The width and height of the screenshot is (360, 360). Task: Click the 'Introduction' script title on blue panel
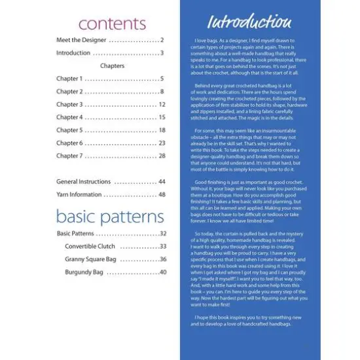coord(249,22)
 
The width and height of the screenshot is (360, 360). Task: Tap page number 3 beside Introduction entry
coord(162,53)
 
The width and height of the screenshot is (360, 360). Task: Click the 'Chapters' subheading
coord(111,66)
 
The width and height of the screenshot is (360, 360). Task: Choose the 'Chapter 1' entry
coord(69,79)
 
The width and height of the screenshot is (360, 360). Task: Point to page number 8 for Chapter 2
coord(162,92)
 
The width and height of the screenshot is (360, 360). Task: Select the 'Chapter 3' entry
coord(69,105)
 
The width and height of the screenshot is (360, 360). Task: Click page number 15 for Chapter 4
coord(162,117)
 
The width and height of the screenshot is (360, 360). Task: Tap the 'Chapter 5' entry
coord(69,130)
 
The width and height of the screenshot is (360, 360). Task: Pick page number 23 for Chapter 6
coord(162,143)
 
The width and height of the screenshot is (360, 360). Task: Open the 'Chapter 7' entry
coord(69,156)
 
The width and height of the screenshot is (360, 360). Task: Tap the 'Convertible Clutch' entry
coord(90,246)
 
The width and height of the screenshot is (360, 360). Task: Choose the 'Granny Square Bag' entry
coord(90,259)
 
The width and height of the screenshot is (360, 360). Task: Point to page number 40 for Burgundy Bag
coord(162,272)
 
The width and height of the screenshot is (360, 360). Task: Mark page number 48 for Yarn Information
coord(162,194)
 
